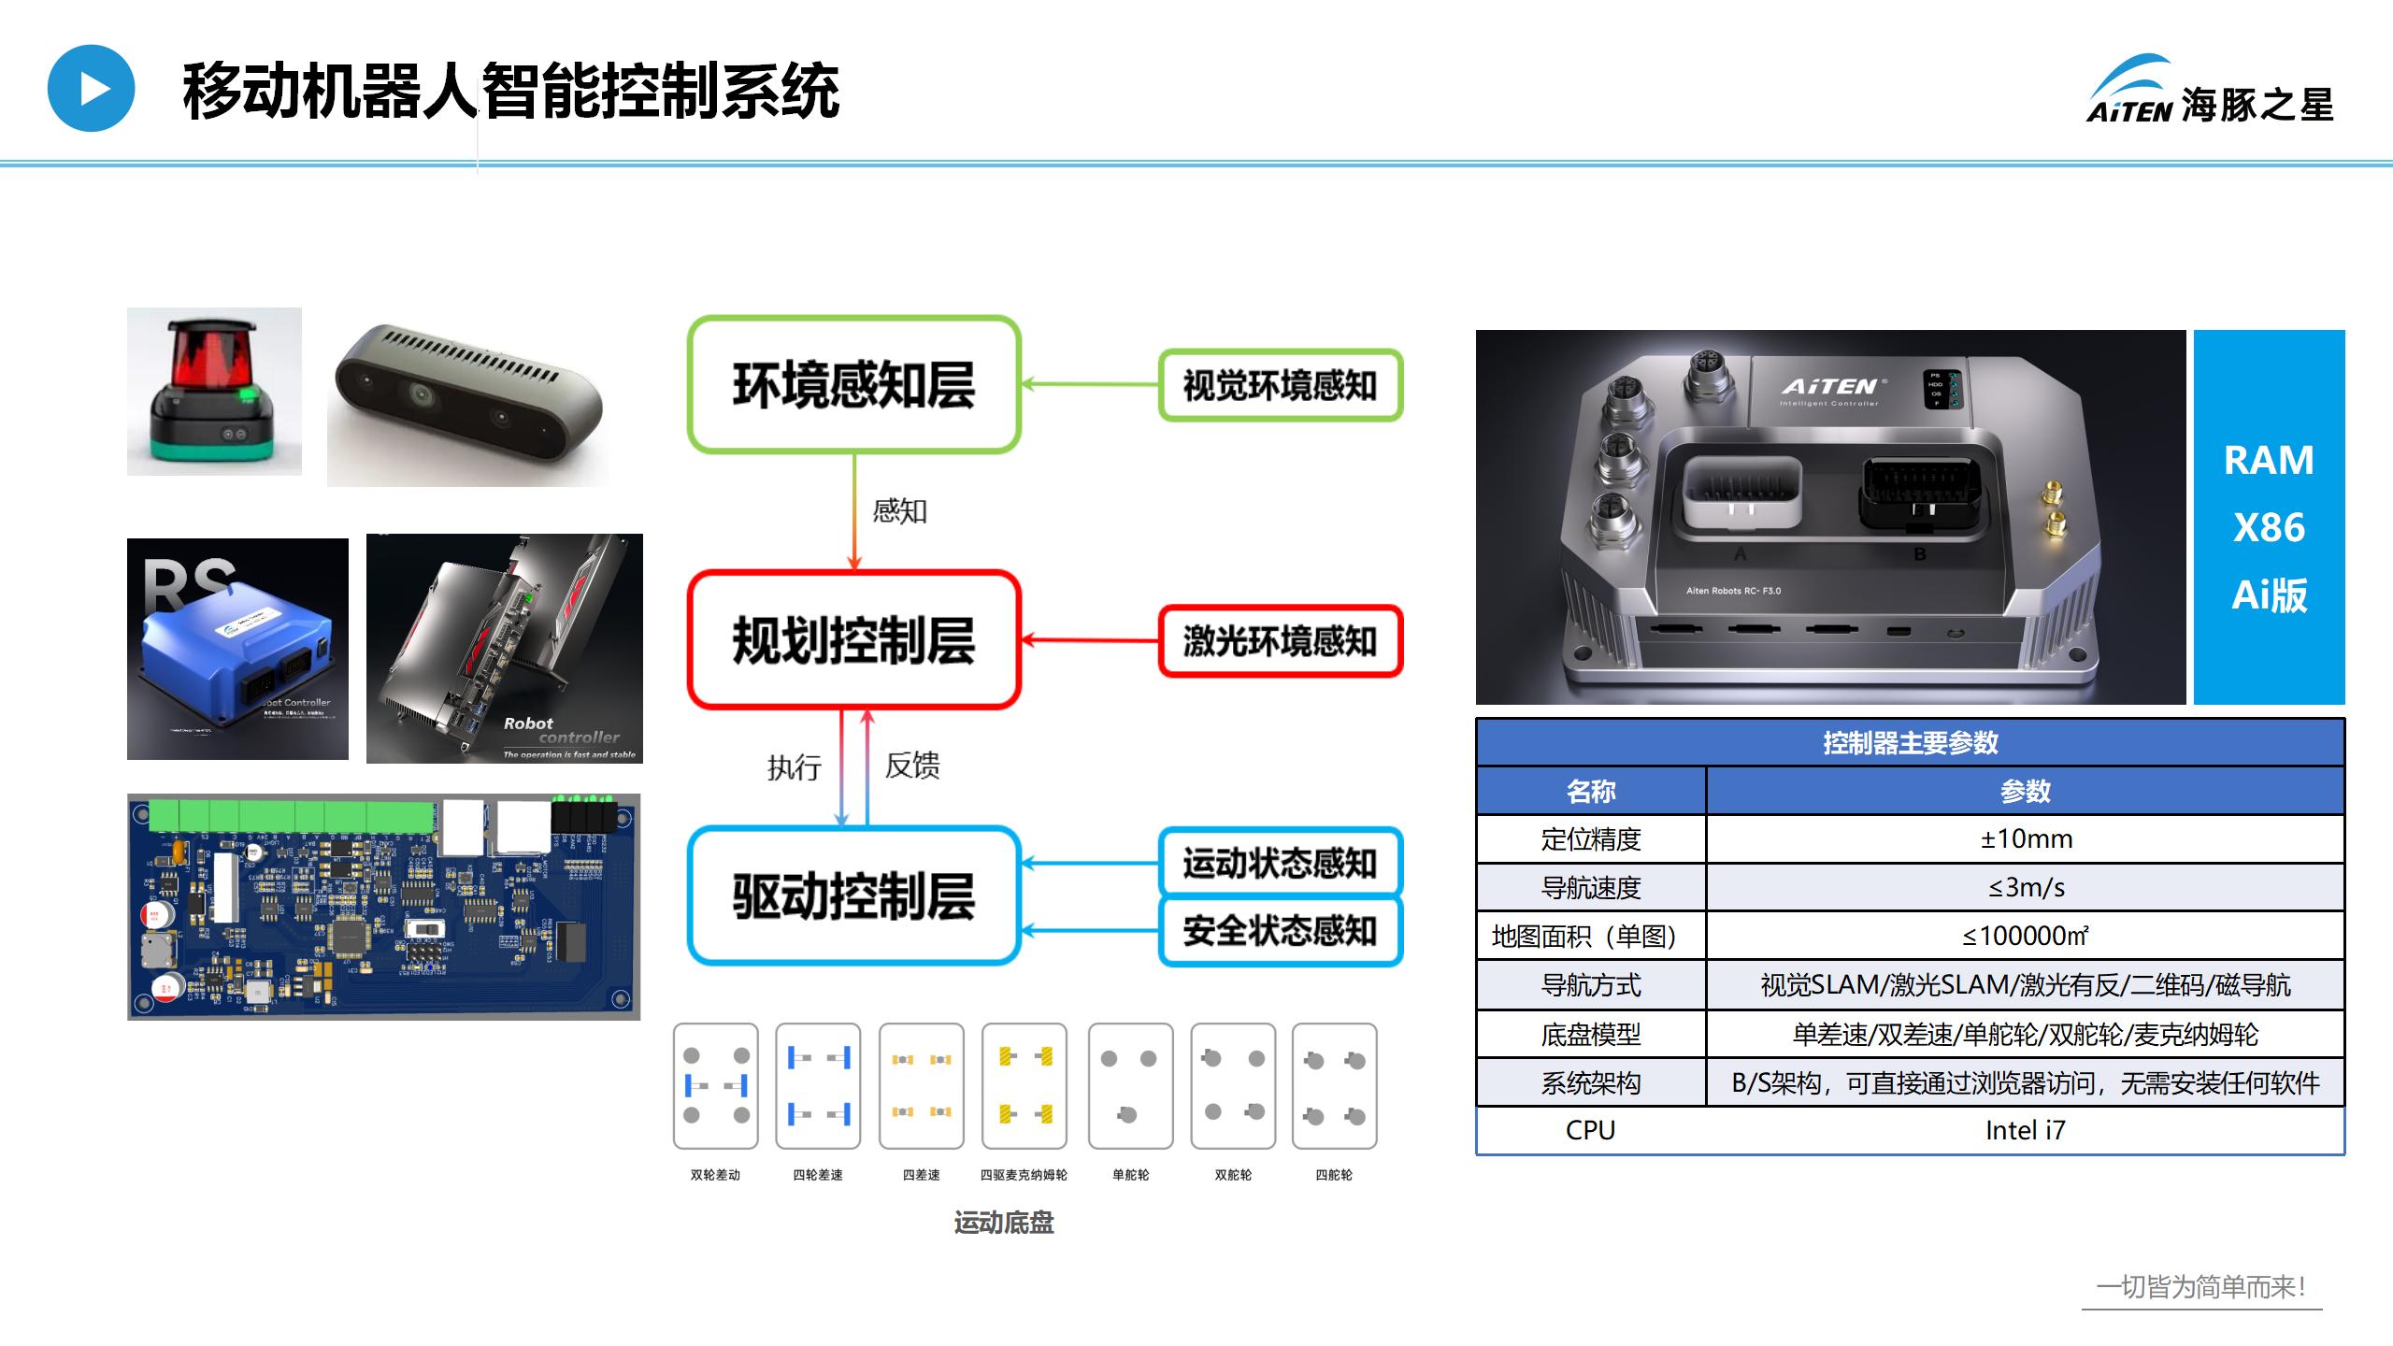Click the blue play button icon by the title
(x=92, y=89)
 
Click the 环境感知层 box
(x=853, y=384)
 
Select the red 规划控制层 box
(x=853, y=640)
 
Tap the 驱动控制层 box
(x=853, y=895)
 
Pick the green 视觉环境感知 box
(x=1280, y=385)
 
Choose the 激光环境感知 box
(x=1280, y=640)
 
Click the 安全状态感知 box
(x=1280, y=931)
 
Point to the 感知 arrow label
(x=899, y=511)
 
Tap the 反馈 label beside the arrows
(x=912, y=766)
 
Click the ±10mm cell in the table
(x=2025, y=839)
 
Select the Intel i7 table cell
(x=2025, y=1131)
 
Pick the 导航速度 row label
(x=1591, y=888)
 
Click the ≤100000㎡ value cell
(x=2025, y=937)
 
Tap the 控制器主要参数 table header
(x=1910, y=743)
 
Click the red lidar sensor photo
(x=214, y=392)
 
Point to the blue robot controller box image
(x=237, y=649)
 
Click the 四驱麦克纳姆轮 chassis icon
(x=1025, y=1085)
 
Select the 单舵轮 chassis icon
(x=1130, y=1085)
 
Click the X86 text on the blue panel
(x=2269, y=528)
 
